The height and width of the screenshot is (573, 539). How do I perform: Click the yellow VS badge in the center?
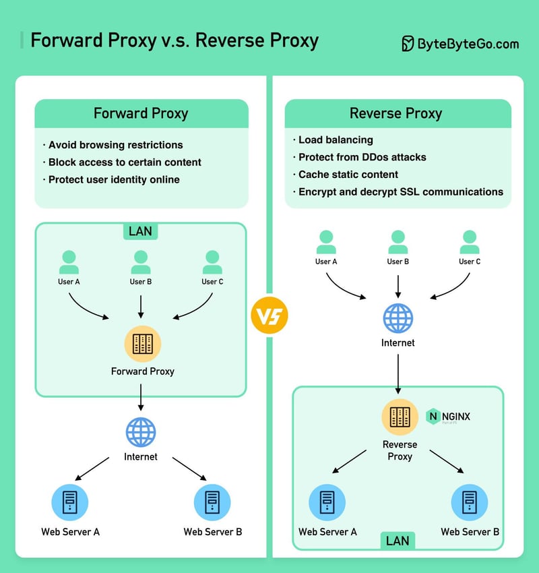[x=269, y=315]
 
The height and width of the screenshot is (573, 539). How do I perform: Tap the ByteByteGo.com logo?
[x=460, y=44]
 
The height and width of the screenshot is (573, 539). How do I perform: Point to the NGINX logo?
[x=449, y=417]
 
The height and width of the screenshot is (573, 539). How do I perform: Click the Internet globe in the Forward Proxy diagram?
[x=141, y=433]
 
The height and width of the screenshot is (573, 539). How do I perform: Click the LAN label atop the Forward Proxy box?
[x=140, y=231]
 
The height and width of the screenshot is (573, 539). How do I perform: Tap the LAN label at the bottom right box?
[x=398, y=540]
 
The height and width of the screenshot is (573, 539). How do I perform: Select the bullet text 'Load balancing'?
[x=335, y=140]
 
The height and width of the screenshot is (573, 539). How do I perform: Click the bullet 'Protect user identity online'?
[x=113, y=180]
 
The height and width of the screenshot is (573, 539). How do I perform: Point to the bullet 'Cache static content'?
[x=348, y=175]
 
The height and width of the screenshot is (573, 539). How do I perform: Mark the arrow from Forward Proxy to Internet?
[x=141, y=397]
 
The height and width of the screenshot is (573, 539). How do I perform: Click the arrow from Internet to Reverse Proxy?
[x=398, y=373]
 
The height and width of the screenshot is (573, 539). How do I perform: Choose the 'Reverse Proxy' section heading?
[x=396, y=113]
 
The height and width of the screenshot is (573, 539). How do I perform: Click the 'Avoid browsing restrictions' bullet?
[x=115, y=145]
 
